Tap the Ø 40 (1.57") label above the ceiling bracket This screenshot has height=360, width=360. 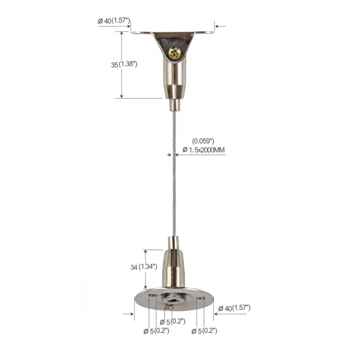(x=114, y=21)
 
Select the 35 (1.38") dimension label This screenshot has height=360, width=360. (x=124, y=64)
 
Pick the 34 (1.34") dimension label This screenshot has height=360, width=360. (x=144, y=267)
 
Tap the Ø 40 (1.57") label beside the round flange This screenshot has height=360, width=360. (x=234, y=308)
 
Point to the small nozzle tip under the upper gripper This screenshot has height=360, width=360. (x=174, y=105)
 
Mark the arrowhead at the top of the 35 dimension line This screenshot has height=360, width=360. (x=121, y=34)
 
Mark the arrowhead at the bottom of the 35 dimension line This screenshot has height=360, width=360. (x=121, y=95)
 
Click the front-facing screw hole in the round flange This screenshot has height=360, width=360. (x=169, y=308)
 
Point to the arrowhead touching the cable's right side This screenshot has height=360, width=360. (x=178, y=154)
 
